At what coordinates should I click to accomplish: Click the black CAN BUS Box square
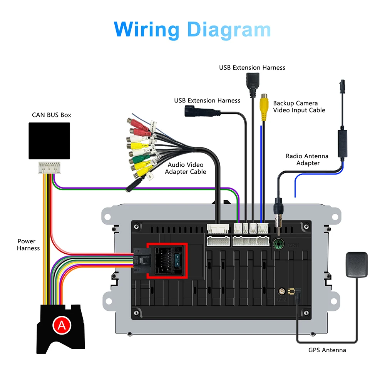point(49,141)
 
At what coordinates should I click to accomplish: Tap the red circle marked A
point(62,325)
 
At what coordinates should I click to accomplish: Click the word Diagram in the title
point(229,30)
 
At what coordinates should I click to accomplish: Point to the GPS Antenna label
point(327,350)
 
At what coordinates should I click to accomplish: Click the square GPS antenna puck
point(357,264)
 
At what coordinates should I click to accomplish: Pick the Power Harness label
point(28,245)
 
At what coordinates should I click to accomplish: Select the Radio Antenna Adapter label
point(307,159)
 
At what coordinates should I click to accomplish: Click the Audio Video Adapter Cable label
point(186,168)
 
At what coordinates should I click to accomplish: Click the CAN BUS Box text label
point(51,115)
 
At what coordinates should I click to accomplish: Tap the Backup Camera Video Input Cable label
point(299,107)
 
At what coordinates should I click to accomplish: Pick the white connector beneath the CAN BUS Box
point(49,167)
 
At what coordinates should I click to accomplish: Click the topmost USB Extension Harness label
point(252,67)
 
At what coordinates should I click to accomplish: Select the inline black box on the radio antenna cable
point(342,143)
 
